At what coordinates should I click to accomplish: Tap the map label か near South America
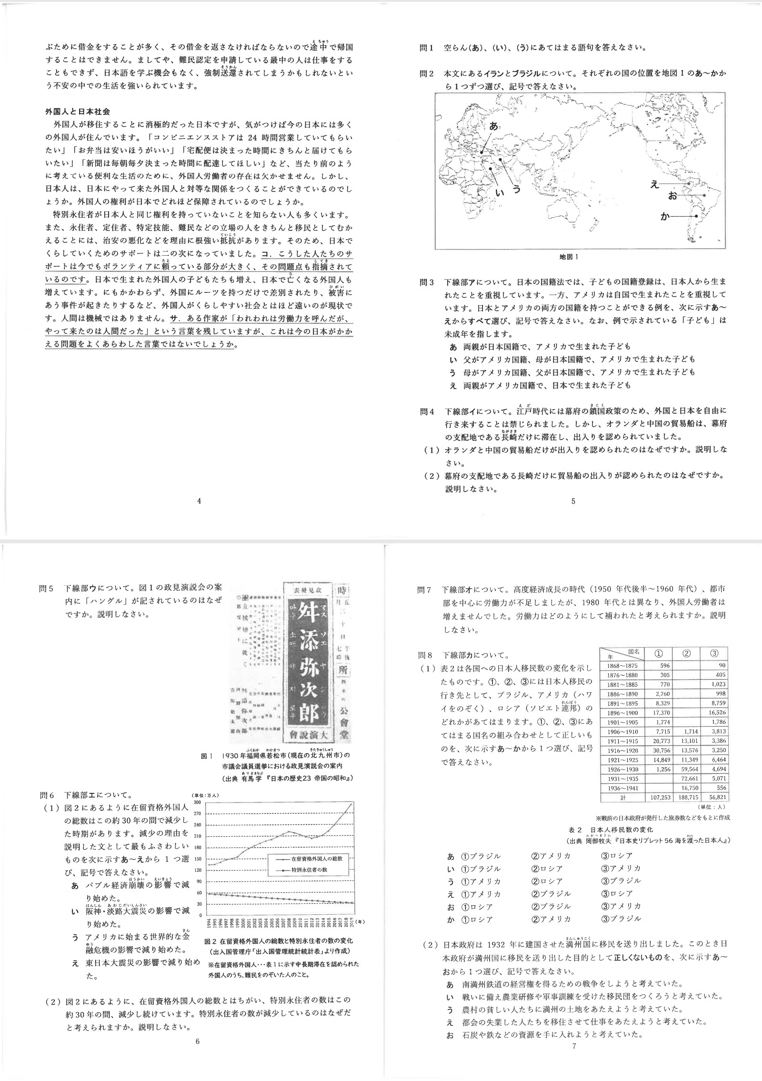[665, 216]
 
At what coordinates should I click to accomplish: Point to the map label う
[516, 190]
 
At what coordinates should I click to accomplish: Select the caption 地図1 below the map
[569, 257]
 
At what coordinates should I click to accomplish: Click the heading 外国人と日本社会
[78, 111]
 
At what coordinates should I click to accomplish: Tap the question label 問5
[46, 589]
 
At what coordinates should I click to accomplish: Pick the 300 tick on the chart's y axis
[198, 802]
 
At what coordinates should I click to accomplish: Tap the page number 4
[199, 501]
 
